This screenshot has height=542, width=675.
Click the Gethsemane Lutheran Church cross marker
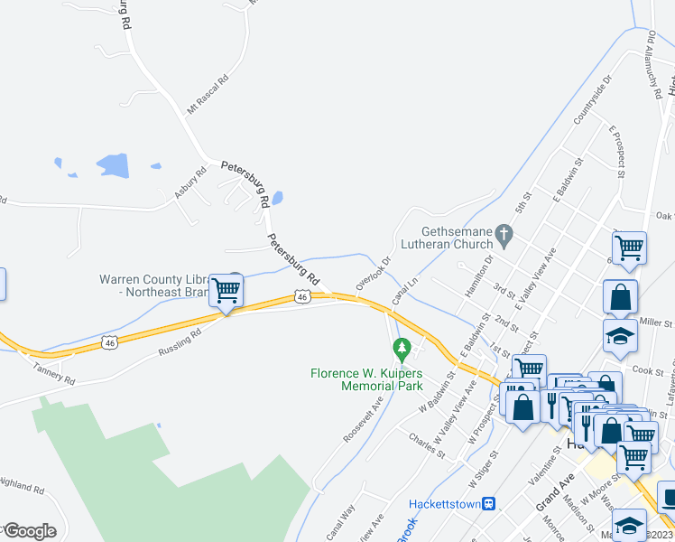click(505, 238)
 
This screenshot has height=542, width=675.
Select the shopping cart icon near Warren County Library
click(227, 291)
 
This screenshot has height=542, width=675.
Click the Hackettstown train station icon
click(488, 503)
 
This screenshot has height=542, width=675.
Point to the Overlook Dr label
click(373, 273)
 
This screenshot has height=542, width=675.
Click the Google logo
click(30, 530)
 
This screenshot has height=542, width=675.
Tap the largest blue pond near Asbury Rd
click(113, 165)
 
